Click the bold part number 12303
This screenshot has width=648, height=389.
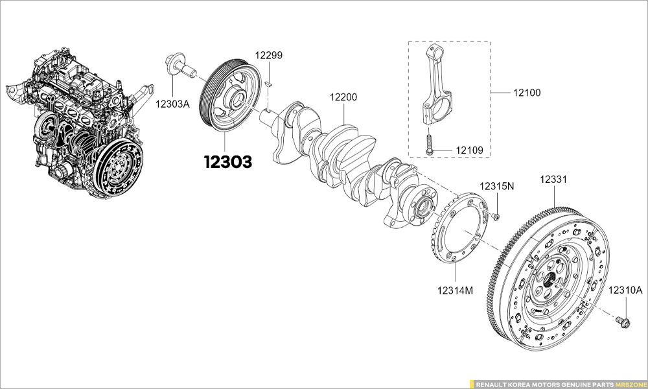(x=227, y=162)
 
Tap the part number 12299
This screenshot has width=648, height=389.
(x=268, y=55)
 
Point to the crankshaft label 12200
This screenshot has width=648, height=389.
(x=343, y=97)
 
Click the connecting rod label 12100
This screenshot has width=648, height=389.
(x=527, y=93)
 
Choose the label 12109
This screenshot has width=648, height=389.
(x=470, y=151)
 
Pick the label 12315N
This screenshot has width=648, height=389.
(x=496, y=186)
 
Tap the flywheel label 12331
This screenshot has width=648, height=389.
(x=555, y=178)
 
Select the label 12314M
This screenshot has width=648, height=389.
(x=454, y=290)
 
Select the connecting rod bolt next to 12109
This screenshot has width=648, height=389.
(x=429, y=144)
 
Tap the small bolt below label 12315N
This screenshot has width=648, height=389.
(x=494, y=215)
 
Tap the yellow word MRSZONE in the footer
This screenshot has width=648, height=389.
(x=630, y=384)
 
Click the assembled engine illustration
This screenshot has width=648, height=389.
(x=81, y=130)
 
